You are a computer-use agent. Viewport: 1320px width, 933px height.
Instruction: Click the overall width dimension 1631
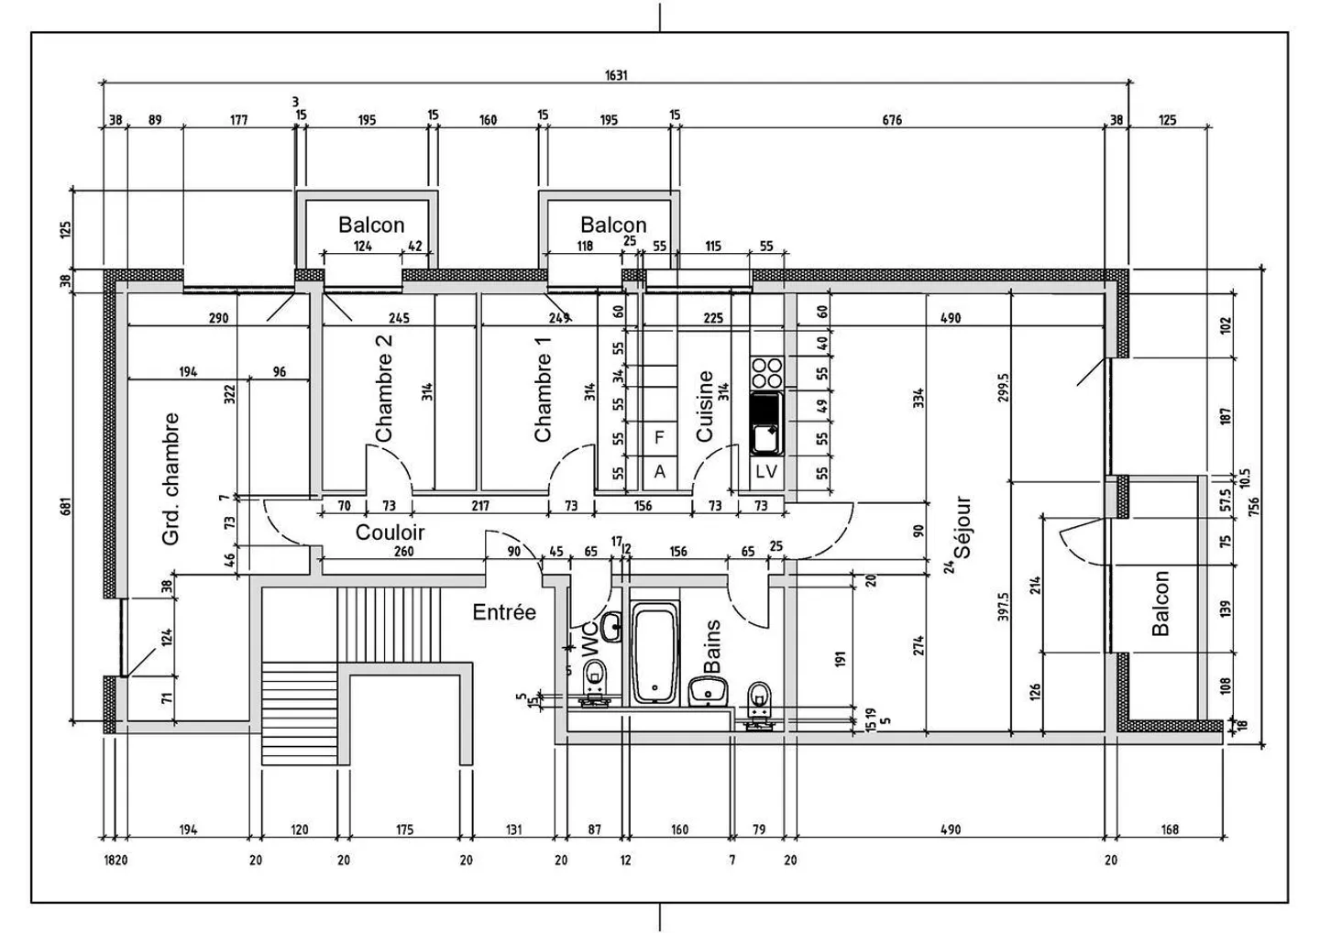pyautogui.click(x=616, y=76)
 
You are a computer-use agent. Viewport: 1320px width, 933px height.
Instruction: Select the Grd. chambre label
pyautogui.click(x=170, y=479)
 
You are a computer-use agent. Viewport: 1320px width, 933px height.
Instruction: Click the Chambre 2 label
pyautogui.click(x=384, y=387)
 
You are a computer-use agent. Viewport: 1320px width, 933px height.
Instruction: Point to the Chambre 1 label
pyautogui.click(x=543, y=389)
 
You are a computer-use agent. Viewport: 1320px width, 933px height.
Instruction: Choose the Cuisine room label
pyautogui.click(x=705, y=406)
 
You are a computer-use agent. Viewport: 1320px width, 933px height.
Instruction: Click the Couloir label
pyautogui.click(x=390, y=532)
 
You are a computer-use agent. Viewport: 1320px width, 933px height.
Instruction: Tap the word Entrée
pyautogui.click(x=504, y=612)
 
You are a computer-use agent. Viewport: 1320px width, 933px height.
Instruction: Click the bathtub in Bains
pyautogui.click(x=654, y=653)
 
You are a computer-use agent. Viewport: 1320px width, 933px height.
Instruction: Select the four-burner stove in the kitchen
pyautogui.click(x=766, y=373)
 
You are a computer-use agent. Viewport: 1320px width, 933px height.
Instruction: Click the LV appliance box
pyautogui.click(x=766, y=472)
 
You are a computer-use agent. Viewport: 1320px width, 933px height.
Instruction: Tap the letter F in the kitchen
pyautogui.click(x=659, y=438)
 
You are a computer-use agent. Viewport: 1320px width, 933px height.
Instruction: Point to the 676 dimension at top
pyautogui.click(x=891, y=120)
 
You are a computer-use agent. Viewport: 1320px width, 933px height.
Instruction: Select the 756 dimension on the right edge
pyautogui.click(x=1257, y=508)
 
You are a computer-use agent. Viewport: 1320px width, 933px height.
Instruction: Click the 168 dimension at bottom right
pyautogui.click(x=1170, y=830)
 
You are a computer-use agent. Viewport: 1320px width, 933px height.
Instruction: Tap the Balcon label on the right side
pyautogui.click(x=1160, y=603)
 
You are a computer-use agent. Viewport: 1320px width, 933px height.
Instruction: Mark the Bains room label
pyautogui.click(x=712, y=646)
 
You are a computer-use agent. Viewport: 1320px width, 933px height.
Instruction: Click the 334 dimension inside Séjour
pyautogui.click(x=918, y=398)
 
